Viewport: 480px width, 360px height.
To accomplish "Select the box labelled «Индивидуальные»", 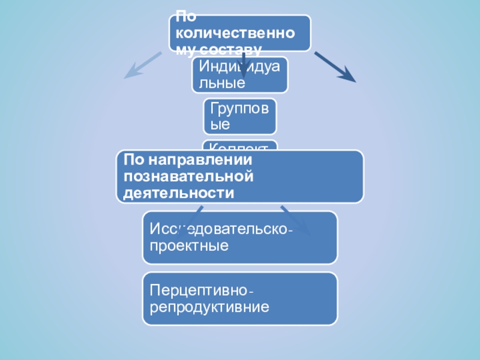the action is coord(240,74).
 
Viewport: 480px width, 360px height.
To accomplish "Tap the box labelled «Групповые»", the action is coord(240,116).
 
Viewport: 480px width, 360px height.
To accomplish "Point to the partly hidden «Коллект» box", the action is coord(240,145).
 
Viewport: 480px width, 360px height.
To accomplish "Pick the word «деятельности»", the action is coord(178,193).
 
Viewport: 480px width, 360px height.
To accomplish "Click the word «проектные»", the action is coord(189,245).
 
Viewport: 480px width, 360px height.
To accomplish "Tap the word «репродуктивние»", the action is coord(209,308).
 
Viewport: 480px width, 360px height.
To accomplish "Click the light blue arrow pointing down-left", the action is coord(142,65).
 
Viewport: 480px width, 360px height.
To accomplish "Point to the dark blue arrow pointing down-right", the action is coord(335,66).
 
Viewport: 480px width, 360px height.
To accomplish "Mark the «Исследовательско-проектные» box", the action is coord(240,238).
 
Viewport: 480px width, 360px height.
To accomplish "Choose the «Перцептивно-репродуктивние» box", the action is coord(240,299).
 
